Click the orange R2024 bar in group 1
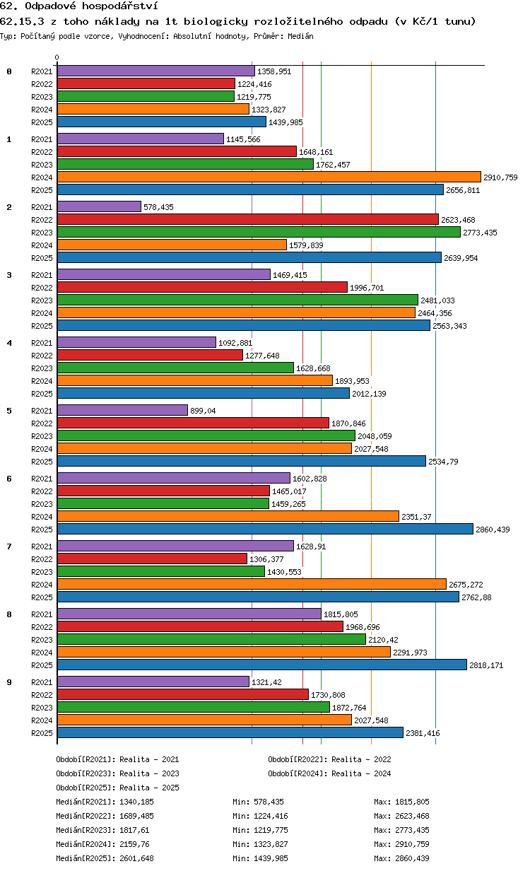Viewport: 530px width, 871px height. (269, 177)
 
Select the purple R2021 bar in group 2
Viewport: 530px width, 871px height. (99, 206)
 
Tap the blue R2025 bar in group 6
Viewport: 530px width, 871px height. (265, 529)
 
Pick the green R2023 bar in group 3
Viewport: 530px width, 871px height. (238, 300)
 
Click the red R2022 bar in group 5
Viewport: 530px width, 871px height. (193, 423)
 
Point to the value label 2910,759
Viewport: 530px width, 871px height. (500, 177)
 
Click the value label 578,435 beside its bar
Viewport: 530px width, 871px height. (158, 207)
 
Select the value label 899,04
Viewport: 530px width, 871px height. (203, 411)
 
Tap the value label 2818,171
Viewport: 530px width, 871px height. (486, 665)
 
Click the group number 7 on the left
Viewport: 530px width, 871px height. (9, 546)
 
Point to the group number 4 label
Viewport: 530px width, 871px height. (9, 343)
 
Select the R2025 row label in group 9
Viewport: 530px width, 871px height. (42, 733)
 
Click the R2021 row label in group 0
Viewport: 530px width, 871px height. (42, 71)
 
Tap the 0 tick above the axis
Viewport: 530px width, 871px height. (57, 57)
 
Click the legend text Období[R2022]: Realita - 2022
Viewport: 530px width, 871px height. (329, 759)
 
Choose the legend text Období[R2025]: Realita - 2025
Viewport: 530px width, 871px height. (118, 788)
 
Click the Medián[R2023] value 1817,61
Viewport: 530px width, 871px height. (134, 830)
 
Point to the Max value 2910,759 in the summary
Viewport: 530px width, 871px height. (412, 844)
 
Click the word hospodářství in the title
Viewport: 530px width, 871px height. (119, 6)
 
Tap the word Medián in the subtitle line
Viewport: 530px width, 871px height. (300, 36)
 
